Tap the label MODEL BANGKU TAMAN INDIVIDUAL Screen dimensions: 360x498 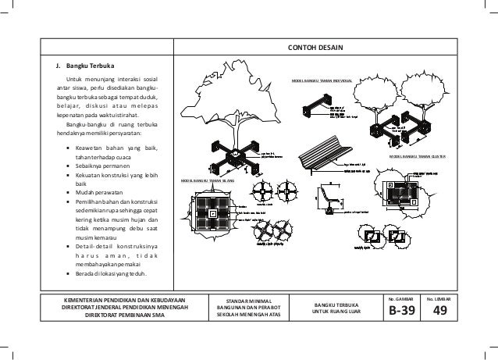(x=321, y=80)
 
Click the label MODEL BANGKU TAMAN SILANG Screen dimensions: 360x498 (x=208, y=180)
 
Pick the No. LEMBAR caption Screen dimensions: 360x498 (x=440, y=298)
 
